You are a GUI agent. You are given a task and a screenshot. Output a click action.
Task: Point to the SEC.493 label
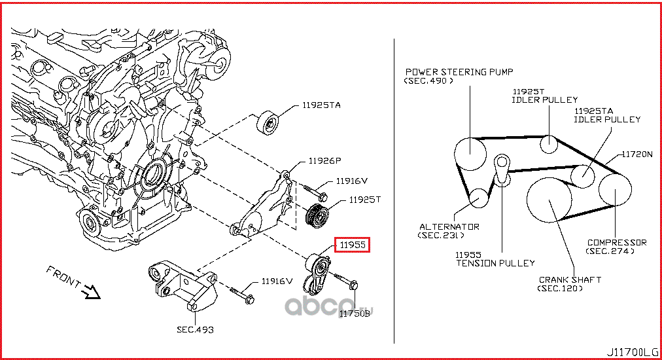click(x=195, y=329)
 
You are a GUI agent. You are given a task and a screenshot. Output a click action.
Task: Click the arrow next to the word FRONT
click(x=92, y=291)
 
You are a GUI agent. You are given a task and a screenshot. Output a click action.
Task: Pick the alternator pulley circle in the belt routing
click(x=479, y=198)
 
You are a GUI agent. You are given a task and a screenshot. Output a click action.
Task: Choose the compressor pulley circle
click(x=615, y=188)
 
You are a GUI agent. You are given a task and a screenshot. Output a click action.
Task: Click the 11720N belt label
click(x=637, y=154)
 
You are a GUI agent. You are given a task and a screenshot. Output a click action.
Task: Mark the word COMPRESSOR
click(x=617, y=242)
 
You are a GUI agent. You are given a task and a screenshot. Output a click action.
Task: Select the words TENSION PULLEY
click(x=495, y=262)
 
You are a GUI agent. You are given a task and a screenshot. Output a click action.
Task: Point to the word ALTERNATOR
click(x=449, y=226)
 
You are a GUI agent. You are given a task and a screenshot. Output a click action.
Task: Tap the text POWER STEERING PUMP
click(x=459, y=72)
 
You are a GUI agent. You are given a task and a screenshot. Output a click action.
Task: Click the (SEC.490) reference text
click(x=428, y=81)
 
